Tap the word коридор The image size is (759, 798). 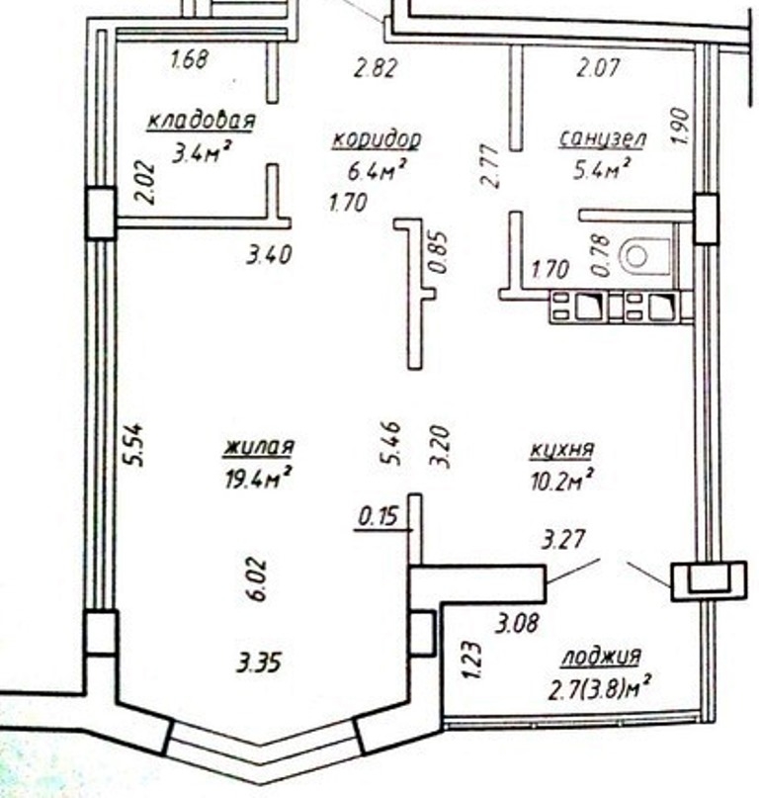[x=377, y=139]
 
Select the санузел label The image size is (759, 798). [x=603, y=138]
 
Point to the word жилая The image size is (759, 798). [x=260, y=446]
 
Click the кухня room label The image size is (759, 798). [x=561, y=449]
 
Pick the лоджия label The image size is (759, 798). [x=601, y=656]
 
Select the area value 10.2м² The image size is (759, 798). [x=561, y=480]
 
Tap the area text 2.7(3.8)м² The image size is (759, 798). [x=600, y=688]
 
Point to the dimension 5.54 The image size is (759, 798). [x=134, y=444]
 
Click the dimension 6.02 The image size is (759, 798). [x=257, y=579]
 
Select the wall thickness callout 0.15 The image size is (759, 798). [x=378, y=517]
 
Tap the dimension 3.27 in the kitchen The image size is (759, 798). [x=563, y=540]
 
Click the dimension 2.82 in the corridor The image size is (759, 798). [x=376, y=67]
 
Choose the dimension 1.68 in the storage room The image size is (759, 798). [x=189, y=59]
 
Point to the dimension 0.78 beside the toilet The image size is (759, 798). [x=601, y=255]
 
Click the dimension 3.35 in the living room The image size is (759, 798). [x=258, y=664]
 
